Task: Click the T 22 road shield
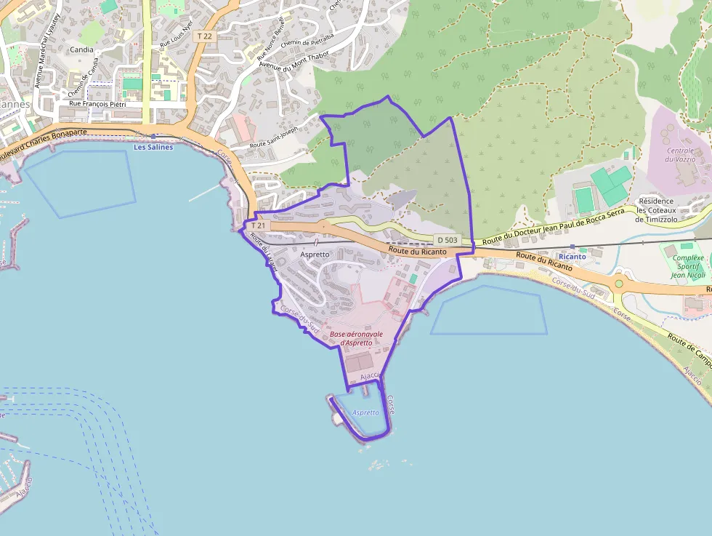pyautogui.click(x=204, y=36)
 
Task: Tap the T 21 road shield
pyautogui.click(x=259, y=225)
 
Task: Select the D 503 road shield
pyautogui.click(x=447, y=240)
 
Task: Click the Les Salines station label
pyautogui.click(x=154, y=147)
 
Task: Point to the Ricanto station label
pyautogui.click(x=573, y=257)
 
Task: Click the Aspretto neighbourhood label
pyautogui.click(x=315, y=255)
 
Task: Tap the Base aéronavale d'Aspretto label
pyautogui.click(x=356, y=338)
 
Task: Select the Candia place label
pyautogui.click(x=81, y=49)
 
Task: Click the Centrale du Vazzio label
pyautogui.click(x=680, y=154)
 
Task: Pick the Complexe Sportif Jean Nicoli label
pyautogui.click(x=688, y=266)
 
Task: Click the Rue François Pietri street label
pyautogui.click(x=98, y=103)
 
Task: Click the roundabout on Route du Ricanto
pyautogui.click(x=619, y=283)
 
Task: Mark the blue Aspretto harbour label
pyautogui.click(x=365, y=412)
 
